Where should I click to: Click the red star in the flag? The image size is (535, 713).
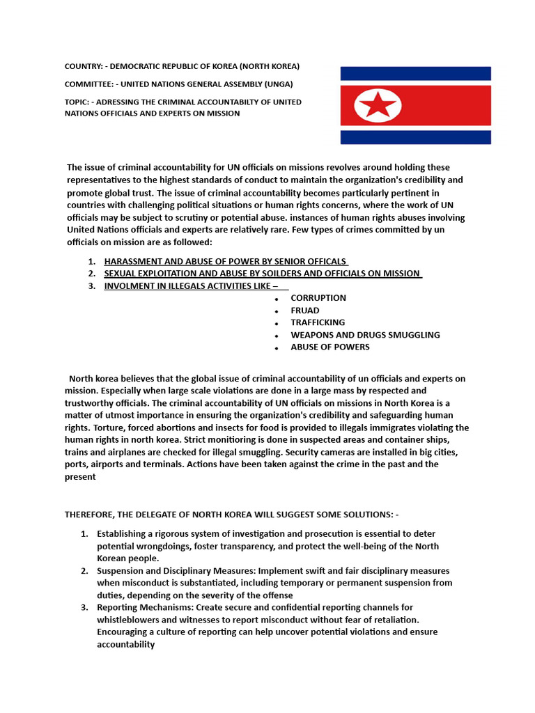tap(378, 106)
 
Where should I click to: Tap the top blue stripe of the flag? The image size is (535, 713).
tap(415, 73)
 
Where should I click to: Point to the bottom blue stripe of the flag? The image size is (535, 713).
tap(415, 137)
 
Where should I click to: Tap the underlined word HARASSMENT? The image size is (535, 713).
tap(131, 261)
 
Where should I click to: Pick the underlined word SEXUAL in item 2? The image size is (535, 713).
tap(119, 273)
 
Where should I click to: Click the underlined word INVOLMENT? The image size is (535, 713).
tap(129, 285)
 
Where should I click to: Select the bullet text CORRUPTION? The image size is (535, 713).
tap(318, 298)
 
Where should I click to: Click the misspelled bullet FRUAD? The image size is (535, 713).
tap(305, 311)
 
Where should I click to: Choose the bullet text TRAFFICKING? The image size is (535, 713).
tap(318, 322)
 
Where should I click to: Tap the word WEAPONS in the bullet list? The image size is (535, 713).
tap(311, 335)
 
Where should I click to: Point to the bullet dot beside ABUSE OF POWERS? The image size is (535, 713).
tap(277, 348)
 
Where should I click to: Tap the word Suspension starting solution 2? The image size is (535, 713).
tap(121, 571)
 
